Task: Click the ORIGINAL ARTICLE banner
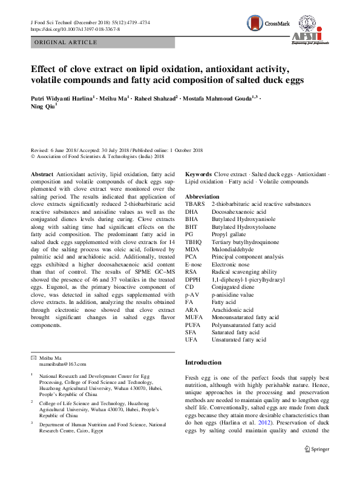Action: (66, 42)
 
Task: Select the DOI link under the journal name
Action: (74, 28)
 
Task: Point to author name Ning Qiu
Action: (42, 107)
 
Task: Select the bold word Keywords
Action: (198, 174)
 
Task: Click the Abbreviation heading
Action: (203, 197)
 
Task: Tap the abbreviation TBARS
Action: (194, 205)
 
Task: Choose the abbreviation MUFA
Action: (194, 316)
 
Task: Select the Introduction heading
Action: (203, 362)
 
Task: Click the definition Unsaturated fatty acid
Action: (238, 340)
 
